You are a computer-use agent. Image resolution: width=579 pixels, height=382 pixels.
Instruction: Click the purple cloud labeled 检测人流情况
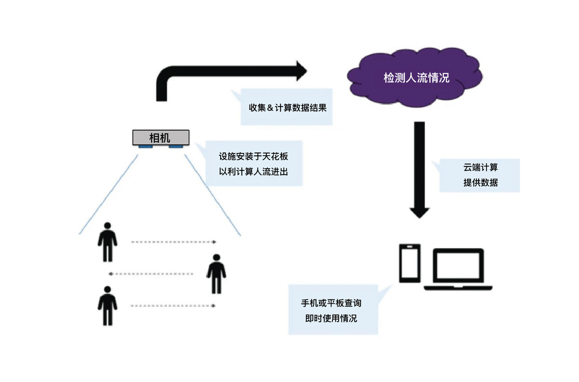pos(414,77)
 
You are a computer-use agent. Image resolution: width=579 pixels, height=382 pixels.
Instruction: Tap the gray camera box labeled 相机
pos(161,137)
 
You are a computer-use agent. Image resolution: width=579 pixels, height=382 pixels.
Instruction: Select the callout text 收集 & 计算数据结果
pos(288,108)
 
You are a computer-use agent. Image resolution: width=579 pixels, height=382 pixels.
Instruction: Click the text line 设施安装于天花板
pos(253,156)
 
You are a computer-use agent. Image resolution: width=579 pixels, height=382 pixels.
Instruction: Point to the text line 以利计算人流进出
pos(253,172)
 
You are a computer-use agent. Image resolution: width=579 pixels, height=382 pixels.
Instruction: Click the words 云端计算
pos(481,167)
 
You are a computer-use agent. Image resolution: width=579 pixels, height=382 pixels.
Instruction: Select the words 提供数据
pos(481,183)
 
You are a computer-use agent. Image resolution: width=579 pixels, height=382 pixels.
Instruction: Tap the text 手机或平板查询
pos(331,303)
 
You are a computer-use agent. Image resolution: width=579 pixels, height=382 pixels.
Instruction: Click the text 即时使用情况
pos(331,318)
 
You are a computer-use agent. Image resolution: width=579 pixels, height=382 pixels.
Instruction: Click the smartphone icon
pos(410,263)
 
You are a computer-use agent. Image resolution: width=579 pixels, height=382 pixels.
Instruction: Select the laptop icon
pos(458,269)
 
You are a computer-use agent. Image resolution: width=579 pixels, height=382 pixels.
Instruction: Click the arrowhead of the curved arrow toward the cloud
pos(302,71)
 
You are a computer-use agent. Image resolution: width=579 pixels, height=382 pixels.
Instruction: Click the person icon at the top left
pos(108,242)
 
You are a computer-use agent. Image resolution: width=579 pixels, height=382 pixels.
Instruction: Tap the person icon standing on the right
pos(216,274)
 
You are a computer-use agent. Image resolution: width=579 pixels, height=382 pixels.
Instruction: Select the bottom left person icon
pos(108,306)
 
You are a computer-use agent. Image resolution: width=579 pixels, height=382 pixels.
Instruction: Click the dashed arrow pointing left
pos(151,273)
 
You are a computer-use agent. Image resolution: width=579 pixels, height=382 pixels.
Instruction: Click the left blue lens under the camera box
pos(146,147)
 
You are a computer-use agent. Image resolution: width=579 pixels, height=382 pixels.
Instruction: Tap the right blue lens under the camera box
pos(176,147)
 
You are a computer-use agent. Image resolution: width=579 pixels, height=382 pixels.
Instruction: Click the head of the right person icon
pos(216,258)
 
